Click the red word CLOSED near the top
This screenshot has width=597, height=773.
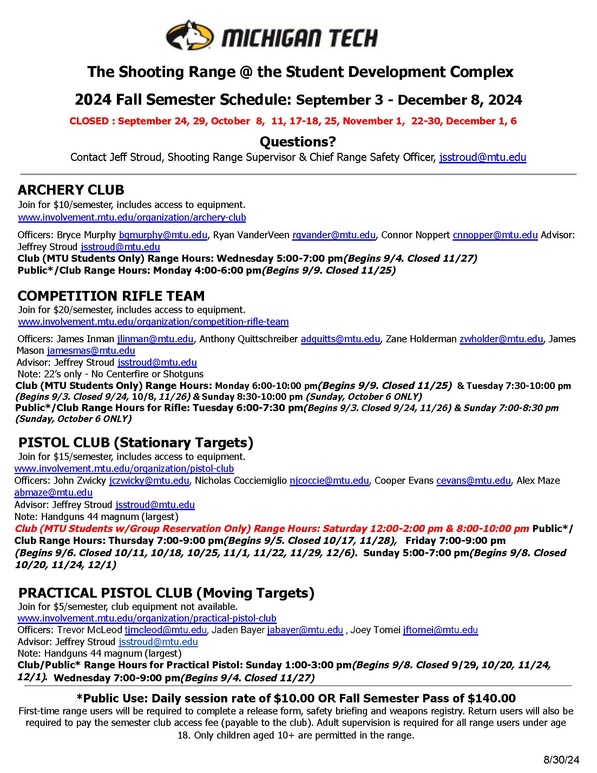coord(89,121)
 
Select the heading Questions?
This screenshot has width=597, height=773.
coord(298,142)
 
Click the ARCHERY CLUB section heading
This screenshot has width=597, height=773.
coord(71,190)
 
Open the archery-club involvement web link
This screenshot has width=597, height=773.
coord(132,217)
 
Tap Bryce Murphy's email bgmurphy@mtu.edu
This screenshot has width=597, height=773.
coord(163,235)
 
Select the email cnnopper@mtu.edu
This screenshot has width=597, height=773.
coord(495,235)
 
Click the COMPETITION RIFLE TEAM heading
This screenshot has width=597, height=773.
coord(111,295)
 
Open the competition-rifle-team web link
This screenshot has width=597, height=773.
coord(153,322)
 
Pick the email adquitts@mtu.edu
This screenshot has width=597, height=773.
coord(340,339)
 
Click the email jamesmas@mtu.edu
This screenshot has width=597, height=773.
coord(91,351)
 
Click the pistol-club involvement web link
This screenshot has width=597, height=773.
coord(124,469)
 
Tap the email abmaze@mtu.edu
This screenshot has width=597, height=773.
coord(53,493)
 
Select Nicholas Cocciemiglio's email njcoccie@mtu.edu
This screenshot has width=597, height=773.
coord(329,481)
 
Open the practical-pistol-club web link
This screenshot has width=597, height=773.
coord(147,618)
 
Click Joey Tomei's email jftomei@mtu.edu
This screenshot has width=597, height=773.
coord(440,630)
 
